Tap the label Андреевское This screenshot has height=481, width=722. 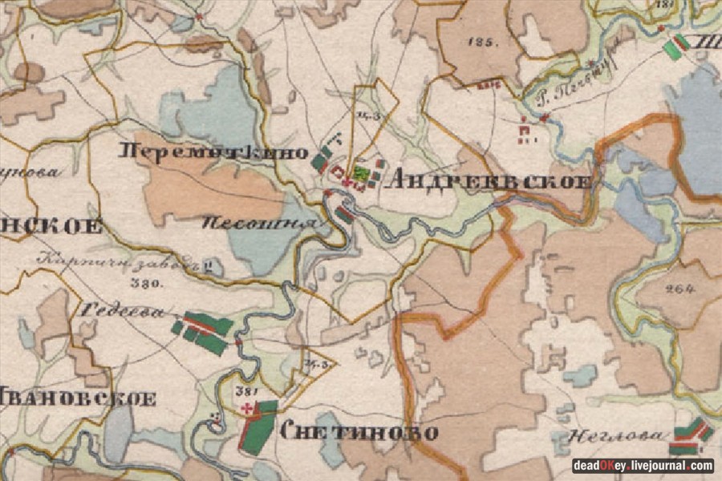pyautogui.click(x=489, y=180)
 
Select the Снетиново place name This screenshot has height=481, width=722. pyautogui.click(x=359, y=433)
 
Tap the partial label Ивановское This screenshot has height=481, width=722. pyautogui.click(x=77, y=398)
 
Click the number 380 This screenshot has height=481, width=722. pyautogui.click(x=144, y=284)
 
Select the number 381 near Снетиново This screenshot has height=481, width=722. pyautogui.click(x=245, y=392)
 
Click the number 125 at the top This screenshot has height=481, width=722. pyautogui.click(x=485, y=42)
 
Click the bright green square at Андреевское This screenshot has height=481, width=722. pyautogui.click(x=363, y=172)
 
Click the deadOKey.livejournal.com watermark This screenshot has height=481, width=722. pyautogui.click(x=643, y=466)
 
